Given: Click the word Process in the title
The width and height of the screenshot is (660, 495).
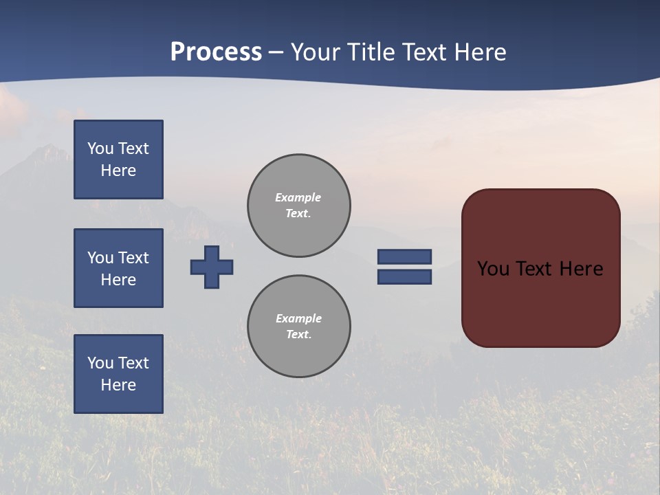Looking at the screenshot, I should (216, 52).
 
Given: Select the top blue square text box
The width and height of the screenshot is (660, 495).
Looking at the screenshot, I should (118, 159).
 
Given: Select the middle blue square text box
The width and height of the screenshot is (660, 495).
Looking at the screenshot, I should (118, 268).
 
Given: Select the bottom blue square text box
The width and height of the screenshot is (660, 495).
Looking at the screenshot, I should (118, 374).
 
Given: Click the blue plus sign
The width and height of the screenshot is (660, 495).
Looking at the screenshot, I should (212, 267).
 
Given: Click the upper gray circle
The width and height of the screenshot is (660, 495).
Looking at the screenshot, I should (299, 206).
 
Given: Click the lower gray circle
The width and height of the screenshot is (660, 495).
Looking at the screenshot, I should (299, 327).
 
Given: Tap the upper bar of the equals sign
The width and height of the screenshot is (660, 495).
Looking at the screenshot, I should (404, 256).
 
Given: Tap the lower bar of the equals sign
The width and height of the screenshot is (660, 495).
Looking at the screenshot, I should (404, 277).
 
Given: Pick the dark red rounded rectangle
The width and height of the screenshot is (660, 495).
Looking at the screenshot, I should (541, 302).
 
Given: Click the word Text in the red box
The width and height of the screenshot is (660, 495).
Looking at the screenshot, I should (538, 269).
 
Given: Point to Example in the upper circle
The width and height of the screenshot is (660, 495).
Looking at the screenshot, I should (298, 197).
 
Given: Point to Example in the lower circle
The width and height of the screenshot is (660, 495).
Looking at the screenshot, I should (298, 318).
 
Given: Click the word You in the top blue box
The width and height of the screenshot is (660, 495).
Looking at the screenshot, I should (100, 148).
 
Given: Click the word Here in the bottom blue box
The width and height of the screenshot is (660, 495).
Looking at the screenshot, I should (118, 385).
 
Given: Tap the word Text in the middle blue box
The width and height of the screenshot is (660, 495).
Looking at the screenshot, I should (133, 258).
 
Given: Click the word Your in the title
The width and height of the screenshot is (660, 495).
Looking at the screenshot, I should (316, 52).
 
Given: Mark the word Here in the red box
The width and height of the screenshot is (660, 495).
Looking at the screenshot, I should (582, 269).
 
